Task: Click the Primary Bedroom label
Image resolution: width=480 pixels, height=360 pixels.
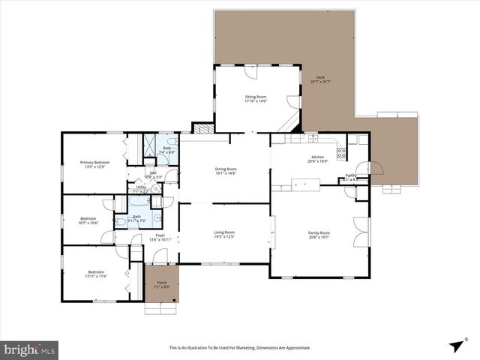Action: [x=95, y=163]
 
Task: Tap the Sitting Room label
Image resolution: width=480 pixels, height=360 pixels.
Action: [x=256, y=97]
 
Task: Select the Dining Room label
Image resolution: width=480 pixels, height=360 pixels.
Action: [x=226, y=169]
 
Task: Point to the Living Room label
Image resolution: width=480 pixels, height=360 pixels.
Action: [x=224, y=232]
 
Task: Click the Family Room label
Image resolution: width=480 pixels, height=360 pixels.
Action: [x=319, y=233]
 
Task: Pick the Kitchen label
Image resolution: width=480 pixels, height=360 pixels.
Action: [x=318, y=157]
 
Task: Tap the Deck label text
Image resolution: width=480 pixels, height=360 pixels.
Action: [x=320, y=77]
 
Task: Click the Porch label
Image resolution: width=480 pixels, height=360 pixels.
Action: [x=162, y=283]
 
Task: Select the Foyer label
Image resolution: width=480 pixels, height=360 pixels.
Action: [x=160, y=235]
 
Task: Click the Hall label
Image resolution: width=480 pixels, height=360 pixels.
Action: [x=153, y=173]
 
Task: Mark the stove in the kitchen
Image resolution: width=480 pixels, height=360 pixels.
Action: [x=341, y=153]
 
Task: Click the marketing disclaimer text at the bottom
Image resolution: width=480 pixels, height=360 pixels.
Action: [x=240, y=348]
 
